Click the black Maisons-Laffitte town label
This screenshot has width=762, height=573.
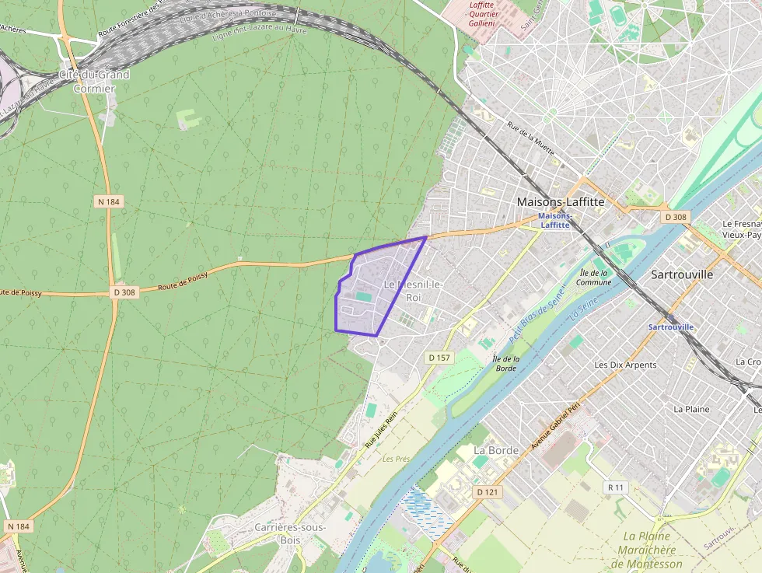560,201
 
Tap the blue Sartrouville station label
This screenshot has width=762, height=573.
670,327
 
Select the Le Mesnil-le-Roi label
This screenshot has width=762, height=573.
413,291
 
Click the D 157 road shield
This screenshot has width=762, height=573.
439,358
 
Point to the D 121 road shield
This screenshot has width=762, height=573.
487,492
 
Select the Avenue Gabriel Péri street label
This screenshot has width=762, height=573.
555,429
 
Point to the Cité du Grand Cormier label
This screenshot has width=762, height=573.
95,82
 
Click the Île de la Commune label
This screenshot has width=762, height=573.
595,278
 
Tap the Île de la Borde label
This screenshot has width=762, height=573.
506,363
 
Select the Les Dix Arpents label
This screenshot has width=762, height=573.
625,365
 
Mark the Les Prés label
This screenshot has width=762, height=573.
396,459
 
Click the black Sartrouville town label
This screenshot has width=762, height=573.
681,274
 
